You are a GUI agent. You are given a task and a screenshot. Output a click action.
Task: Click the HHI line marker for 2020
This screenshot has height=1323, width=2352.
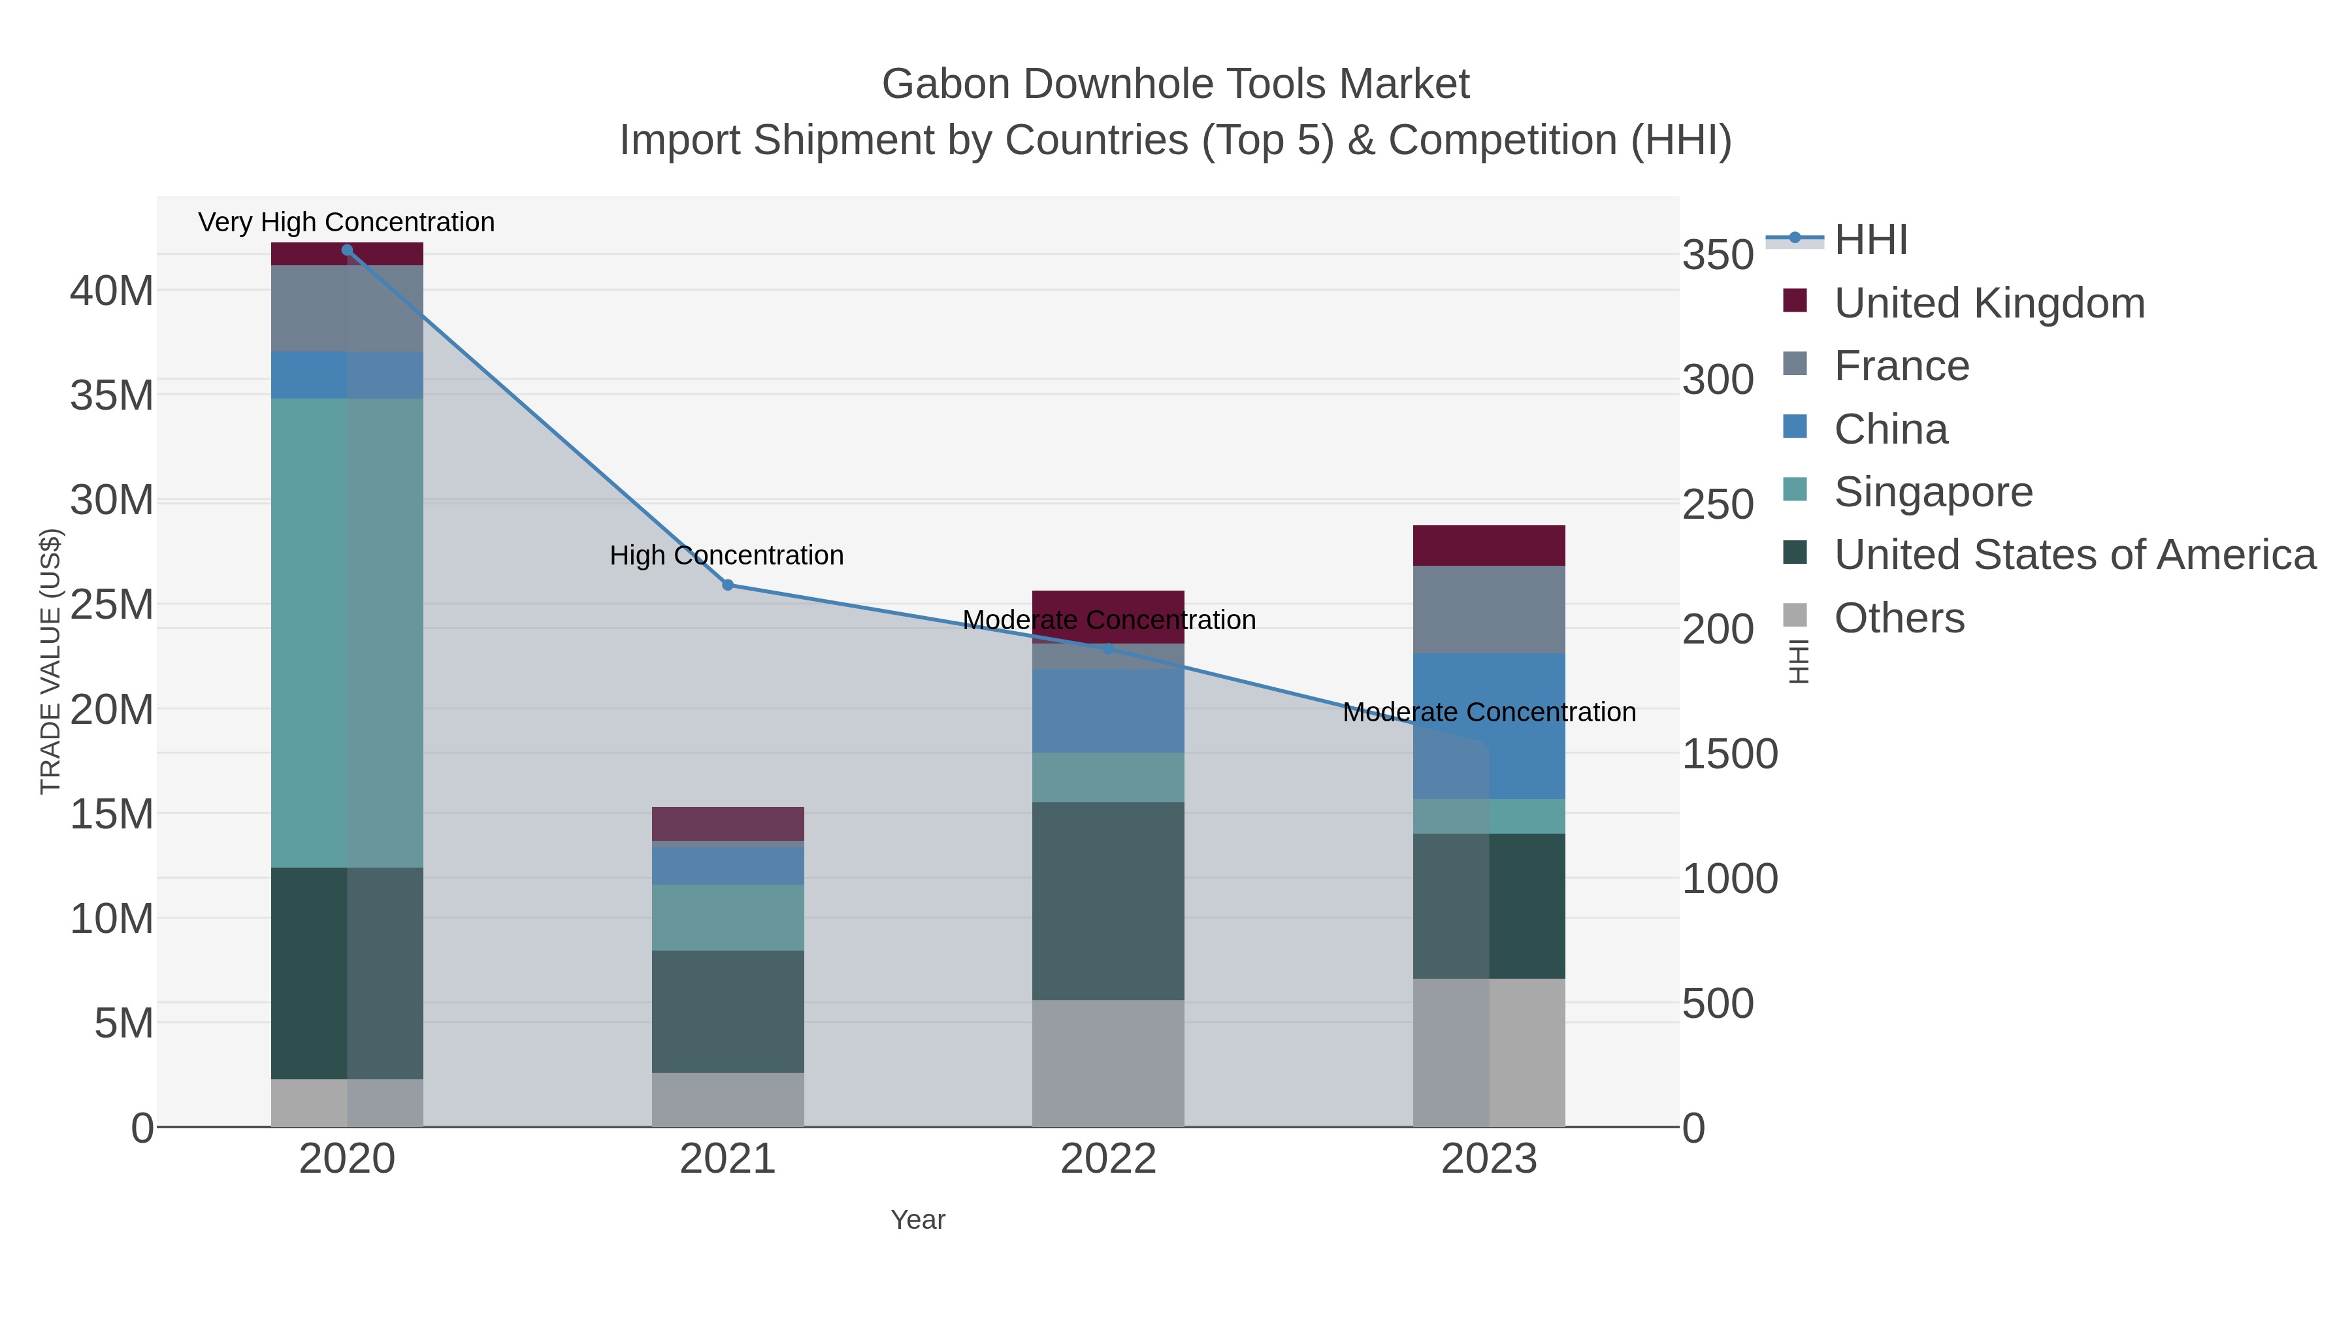347,250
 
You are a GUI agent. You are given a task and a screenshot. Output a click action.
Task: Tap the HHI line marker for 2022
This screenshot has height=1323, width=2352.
1109,648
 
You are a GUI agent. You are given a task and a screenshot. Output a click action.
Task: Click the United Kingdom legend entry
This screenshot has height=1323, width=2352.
1989,303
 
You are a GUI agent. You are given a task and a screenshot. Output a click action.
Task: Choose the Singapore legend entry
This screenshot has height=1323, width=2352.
1933,492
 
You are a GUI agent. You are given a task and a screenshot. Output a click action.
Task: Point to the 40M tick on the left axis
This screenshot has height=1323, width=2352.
111,291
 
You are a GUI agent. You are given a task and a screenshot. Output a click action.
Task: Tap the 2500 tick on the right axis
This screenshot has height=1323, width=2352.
1718,505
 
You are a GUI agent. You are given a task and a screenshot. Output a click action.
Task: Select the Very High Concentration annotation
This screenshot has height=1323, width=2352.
346,222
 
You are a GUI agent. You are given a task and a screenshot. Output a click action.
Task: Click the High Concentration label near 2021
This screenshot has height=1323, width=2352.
726,555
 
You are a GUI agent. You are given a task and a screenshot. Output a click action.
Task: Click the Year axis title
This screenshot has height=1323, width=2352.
918,1220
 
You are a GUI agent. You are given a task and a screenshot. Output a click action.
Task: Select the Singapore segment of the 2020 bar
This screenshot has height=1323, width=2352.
347,632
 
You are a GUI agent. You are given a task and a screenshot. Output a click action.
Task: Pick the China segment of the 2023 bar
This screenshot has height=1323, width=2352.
1489,726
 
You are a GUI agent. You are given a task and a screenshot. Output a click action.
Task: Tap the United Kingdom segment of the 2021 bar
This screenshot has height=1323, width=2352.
728,824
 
